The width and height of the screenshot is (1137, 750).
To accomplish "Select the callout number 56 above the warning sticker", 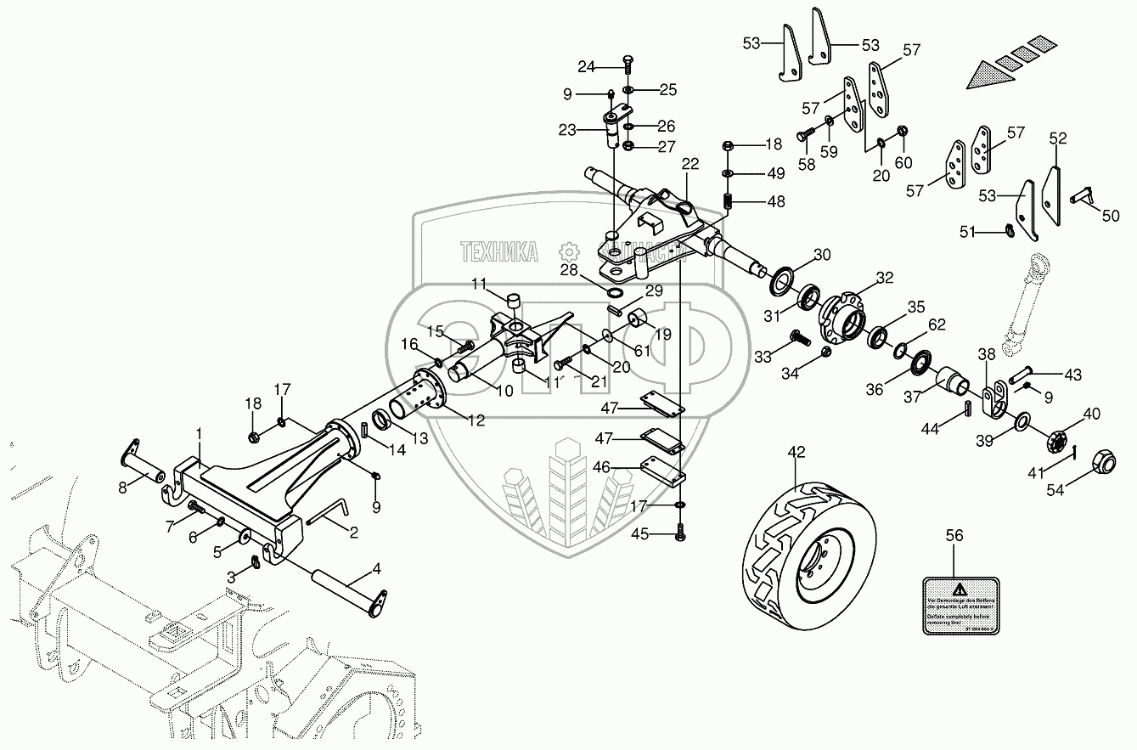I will pyautogui.click(x=955, y=535).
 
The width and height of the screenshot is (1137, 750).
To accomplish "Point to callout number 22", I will pyautogui.click(x=689, y=164).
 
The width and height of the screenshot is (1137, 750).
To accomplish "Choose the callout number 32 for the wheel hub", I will pyautogui.click(x=885, y=278).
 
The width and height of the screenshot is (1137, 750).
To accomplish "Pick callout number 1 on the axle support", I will pyautogui.click(x=199, y=433).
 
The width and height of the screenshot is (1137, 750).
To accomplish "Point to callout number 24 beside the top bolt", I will pyautogui.click(x=587, y=65).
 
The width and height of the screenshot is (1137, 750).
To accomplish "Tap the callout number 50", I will pyautogui.click(x=1111, y=216).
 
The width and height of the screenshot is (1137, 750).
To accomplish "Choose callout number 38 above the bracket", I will pyautogui.click(x=986, y=354).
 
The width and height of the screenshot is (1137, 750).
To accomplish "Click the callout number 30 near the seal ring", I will pyautogui.click(x=822, y=255).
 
